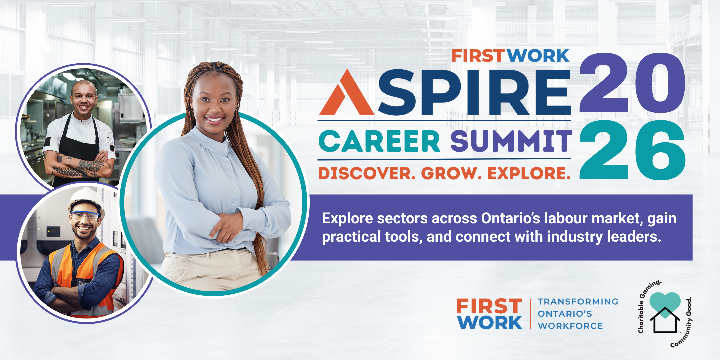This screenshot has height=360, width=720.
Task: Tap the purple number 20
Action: tap(632, 82)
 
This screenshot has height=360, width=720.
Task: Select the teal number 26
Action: tap(632, 150)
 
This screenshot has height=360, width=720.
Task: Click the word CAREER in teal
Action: tap(379, 141)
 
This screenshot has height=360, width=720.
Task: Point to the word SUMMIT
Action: tap(511, 141)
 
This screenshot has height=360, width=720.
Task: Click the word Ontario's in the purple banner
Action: tap(511, 218)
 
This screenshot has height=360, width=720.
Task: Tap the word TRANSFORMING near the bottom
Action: tap(578, 301)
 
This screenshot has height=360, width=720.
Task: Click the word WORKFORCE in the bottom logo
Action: tap(570, 326)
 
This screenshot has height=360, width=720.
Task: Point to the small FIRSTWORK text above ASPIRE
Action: tap(510, 56)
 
